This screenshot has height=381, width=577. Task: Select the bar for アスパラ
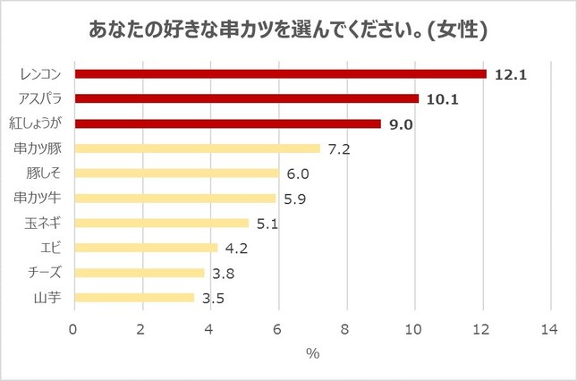pos(246,98)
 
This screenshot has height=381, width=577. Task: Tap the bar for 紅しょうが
pos(227,123)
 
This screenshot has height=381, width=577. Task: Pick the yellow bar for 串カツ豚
pos(196,148)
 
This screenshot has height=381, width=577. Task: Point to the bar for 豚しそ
pos(176,174)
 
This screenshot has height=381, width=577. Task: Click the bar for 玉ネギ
pos(160,223)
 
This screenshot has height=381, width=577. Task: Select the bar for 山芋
pos(133,297)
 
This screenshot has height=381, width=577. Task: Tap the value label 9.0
pos(401,124)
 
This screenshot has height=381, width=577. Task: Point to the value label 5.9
pos(294,199)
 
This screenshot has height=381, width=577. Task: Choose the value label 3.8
pos(223,273)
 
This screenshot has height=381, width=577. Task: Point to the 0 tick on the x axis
pos(73,329)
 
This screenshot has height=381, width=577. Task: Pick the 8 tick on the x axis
pos(346,329)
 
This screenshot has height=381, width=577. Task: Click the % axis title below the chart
pos(312,353)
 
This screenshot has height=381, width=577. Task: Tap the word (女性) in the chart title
pos(457,31)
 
